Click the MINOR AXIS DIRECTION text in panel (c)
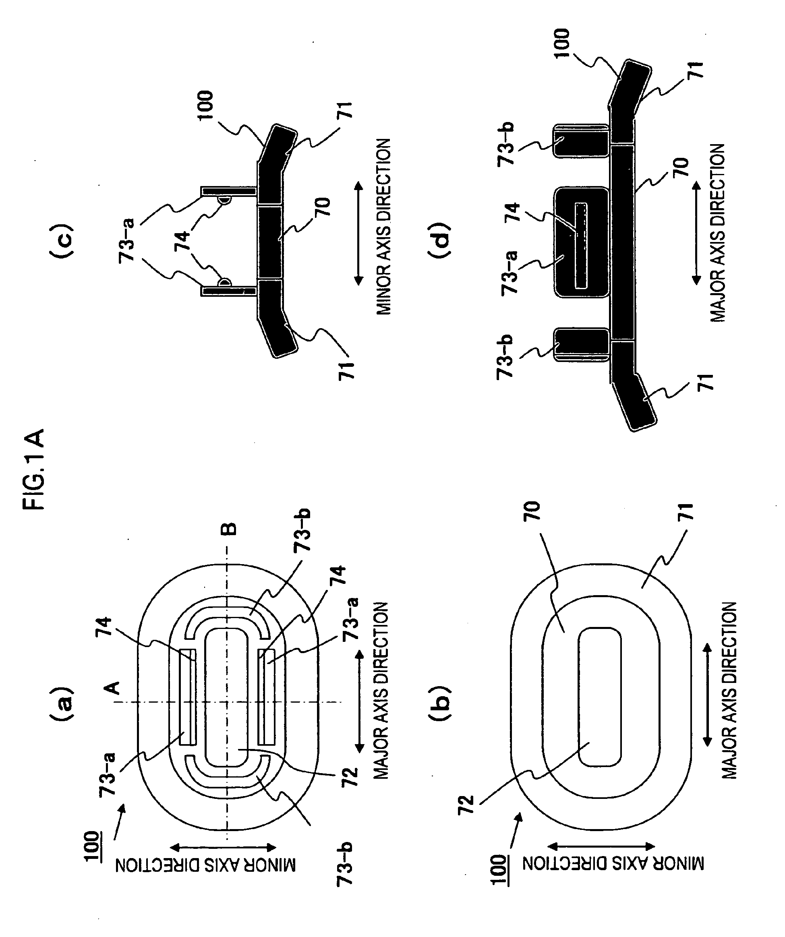(x=383, y=227)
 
